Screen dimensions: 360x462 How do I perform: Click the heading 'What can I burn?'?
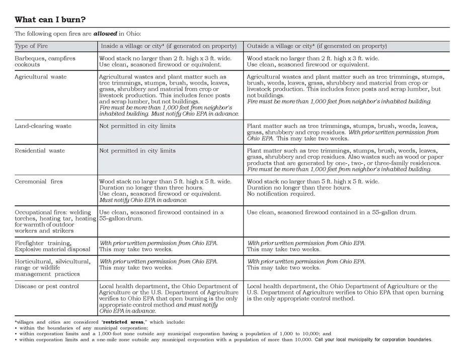[50, 20]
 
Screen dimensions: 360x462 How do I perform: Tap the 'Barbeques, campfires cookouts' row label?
[45, 61]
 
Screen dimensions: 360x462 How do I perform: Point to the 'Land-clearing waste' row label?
[43, 126]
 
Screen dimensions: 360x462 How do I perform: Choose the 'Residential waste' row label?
[40, 151]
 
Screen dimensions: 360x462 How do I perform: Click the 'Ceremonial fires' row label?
[39, 182]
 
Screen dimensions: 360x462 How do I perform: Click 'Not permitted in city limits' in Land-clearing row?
[137, 126]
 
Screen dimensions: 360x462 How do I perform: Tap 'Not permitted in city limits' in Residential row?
[137, 151]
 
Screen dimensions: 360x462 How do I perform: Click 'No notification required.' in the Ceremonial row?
[281, 194]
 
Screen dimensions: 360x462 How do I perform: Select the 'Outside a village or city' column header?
[317, 46]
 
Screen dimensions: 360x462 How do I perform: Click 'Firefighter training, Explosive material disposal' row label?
[52, 246]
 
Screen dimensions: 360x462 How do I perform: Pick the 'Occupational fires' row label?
[54, 222]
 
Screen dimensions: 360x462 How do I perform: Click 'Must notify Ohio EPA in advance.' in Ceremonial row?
[143, 200]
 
